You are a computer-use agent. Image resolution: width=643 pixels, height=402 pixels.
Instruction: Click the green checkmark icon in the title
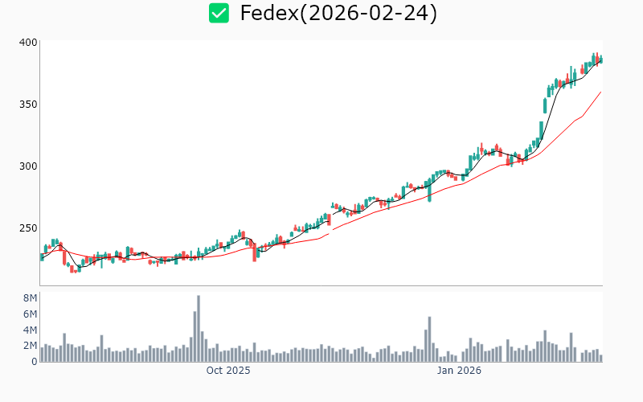coord(219,13)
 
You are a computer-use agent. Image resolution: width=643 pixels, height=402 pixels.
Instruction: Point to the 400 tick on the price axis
coord(29,43)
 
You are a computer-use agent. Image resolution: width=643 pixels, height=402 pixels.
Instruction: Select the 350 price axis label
coord(29,105)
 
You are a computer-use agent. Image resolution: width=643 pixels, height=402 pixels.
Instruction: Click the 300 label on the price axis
coord(29,166)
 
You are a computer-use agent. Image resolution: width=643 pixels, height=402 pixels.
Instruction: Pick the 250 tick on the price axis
coord(29,228)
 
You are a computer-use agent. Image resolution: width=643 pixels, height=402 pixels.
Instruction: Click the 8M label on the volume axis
coord(30,298)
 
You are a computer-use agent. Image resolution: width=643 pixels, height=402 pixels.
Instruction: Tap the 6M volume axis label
coord(30,314)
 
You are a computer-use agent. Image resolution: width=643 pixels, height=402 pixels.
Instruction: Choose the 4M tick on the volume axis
coord(30,330)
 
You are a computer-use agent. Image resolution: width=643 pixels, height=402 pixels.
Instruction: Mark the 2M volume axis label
coord(30,346)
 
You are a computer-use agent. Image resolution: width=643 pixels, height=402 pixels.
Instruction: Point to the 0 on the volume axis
coord(34,362)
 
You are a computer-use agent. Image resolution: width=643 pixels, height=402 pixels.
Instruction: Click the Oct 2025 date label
coord(228,371)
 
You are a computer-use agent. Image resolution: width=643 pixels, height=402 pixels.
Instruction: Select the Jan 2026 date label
coord(459,371)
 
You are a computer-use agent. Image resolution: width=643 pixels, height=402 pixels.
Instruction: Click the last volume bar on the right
coord(600,358)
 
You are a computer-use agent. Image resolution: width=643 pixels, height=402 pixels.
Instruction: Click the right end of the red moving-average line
coord(601,92)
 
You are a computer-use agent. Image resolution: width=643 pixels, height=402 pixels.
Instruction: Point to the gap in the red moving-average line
coord(331,232)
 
